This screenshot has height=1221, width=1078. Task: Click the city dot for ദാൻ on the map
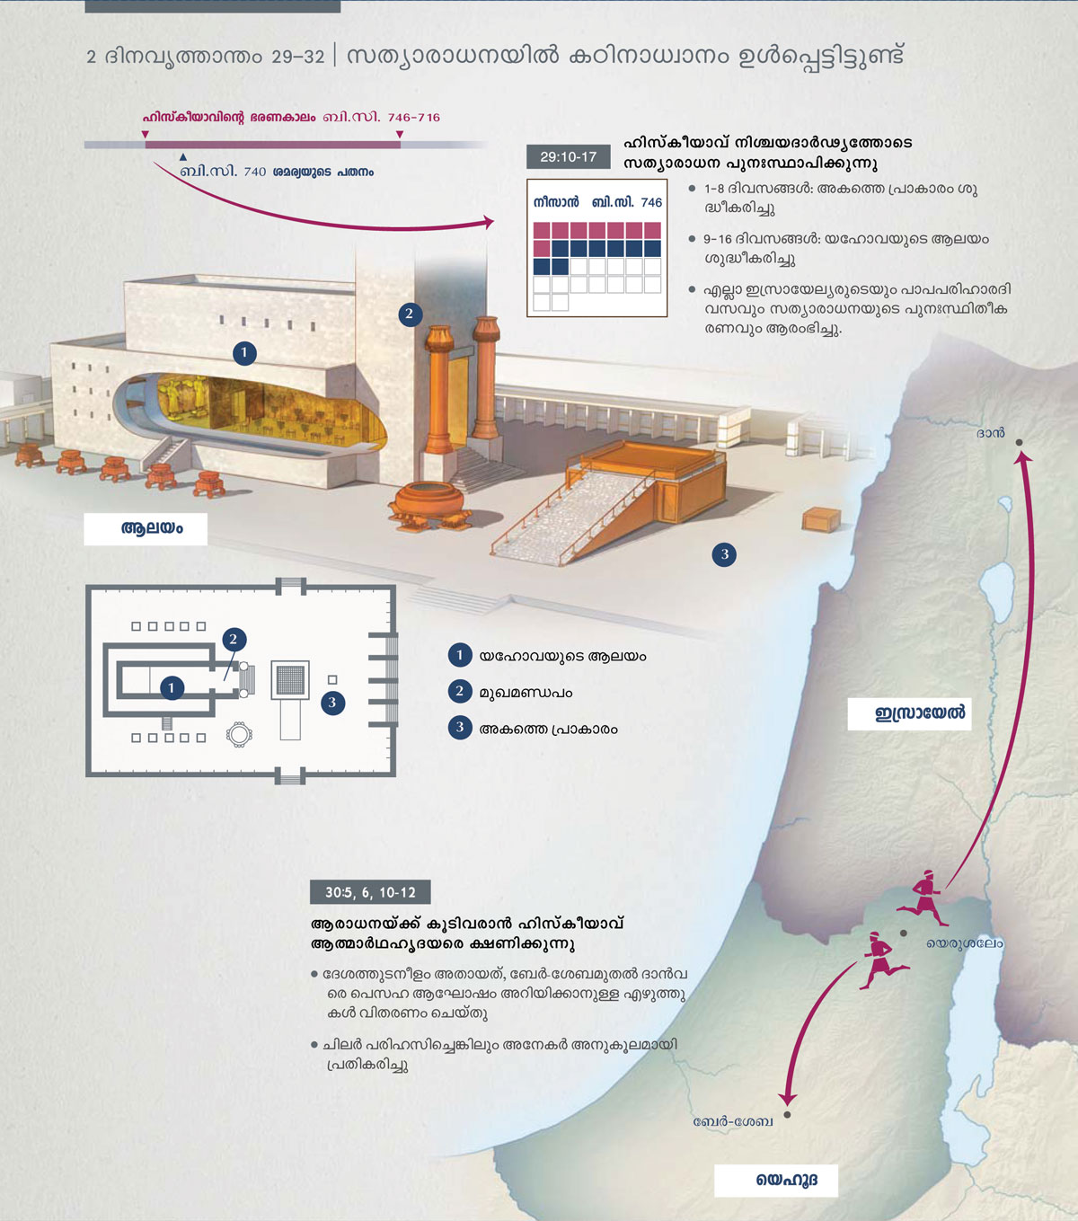coord(1019,442)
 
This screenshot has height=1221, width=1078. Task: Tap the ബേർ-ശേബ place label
coord(733,1121)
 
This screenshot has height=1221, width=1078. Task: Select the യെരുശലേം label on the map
coord(964,943)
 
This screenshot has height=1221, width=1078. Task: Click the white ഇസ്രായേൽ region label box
coord(909,713)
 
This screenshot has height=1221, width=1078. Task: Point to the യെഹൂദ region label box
coord(776,1180)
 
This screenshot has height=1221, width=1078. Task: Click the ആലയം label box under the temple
coord(146,529)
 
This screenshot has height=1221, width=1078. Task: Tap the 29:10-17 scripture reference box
coord(569,157)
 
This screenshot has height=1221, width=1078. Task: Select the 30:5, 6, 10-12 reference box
coord(370,892)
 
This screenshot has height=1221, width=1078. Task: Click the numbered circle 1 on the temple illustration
coord(244,352)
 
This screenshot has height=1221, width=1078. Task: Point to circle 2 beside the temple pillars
coord(410,314)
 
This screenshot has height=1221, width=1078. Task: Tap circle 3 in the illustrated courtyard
coord(724,554)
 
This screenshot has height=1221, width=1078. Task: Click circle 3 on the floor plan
coord(332,703)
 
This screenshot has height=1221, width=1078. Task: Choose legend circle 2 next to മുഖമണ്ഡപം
coord(460,691)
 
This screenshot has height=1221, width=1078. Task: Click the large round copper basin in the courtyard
coord(429,505)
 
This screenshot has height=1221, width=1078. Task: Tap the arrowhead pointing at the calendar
coord(488,223)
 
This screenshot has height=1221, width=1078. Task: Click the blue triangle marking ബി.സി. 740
coord(183,156)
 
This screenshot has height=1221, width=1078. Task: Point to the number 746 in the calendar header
coord(651,202)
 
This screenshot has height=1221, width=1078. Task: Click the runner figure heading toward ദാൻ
coord(923,898)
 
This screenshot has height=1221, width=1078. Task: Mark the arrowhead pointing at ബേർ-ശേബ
coord(787,1100)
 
